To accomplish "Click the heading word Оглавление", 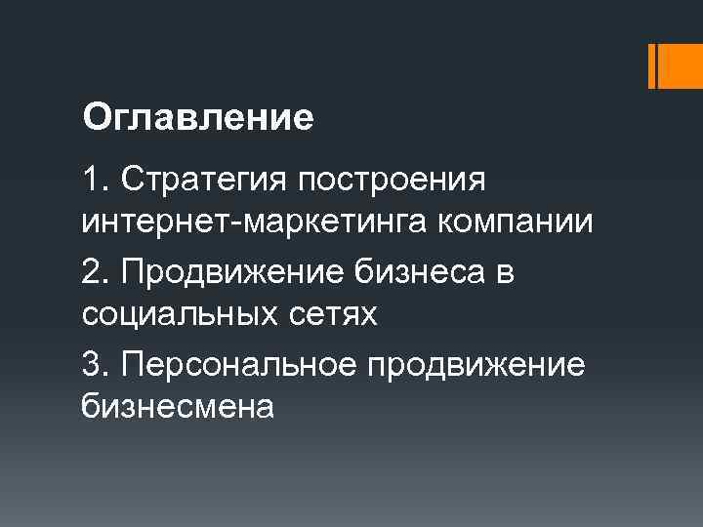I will (199, 118).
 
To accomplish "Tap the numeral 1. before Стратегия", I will (95, 181).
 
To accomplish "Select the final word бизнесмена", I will (179, 407).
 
